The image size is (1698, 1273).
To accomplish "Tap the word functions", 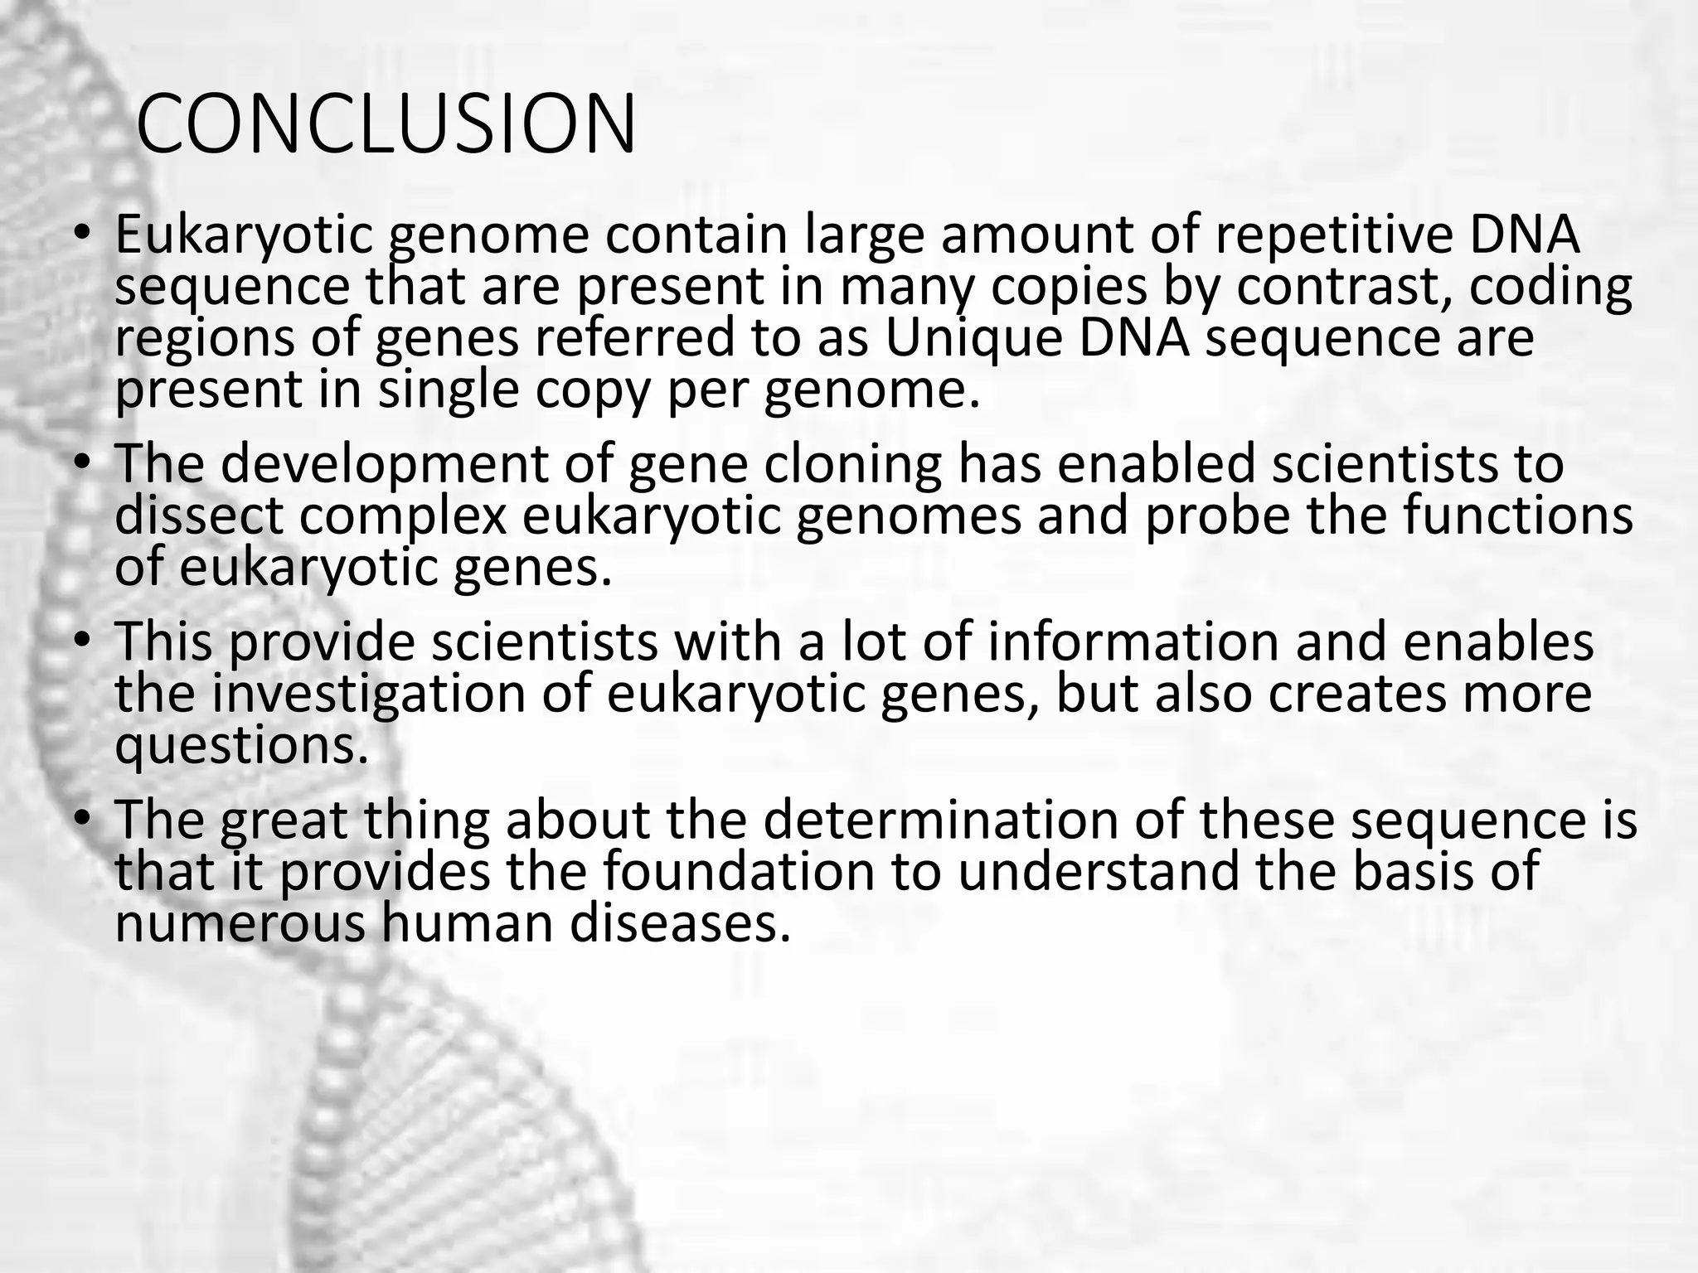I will point(1517,515).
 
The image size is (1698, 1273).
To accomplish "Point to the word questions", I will point(240,746).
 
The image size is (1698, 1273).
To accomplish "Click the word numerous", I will point(240,923).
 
